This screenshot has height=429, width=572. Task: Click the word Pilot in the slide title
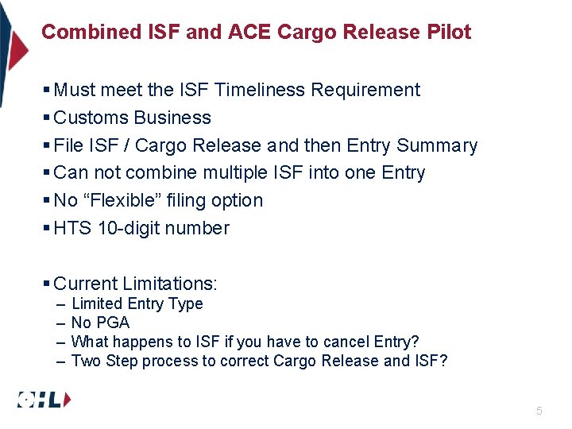(x=449, y=32)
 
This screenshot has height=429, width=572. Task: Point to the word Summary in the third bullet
(x=437, y=145)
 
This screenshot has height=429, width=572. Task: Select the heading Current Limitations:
(x=135, y=284)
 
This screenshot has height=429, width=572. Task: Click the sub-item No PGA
(x=100, y=323)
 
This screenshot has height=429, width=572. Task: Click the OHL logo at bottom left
(x=44, y=400)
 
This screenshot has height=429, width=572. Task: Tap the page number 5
(x=539, y=411)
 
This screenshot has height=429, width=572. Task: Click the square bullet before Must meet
(x=47, y=90)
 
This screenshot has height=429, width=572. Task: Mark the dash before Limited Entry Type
(x=61, y=303)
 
